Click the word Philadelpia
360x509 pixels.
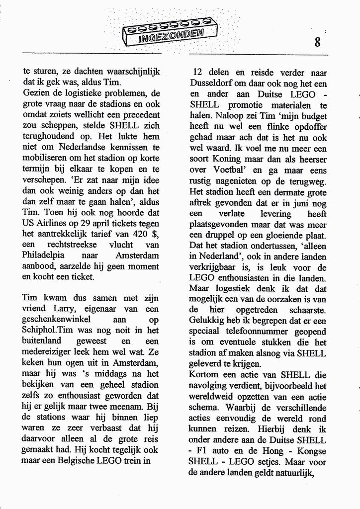click(46, 255)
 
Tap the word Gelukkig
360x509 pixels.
click(207, 320)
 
